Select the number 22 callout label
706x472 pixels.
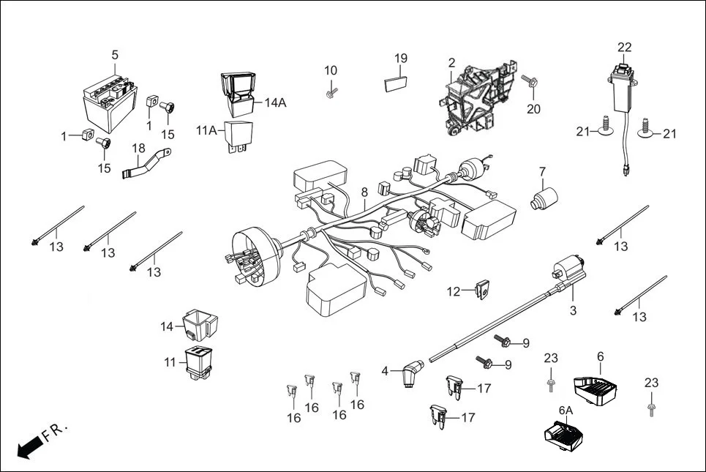pyautogui.click(x=623, y=48)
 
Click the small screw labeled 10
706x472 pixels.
pyautogui.click(x=332, y=92)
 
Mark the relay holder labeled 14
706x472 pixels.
pyautogui.click(x=199, y=324)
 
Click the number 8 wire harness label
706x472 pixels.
pyautogui.click(x=364, y=193)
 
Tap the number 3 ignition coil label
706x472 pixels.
pyautogui.click(x=573, y=310)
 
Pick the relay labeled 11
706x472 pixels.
pyautogui.click(x=198, y=362)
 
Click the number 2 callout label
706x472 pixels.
pyautogui.click(x=451, y=63)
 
